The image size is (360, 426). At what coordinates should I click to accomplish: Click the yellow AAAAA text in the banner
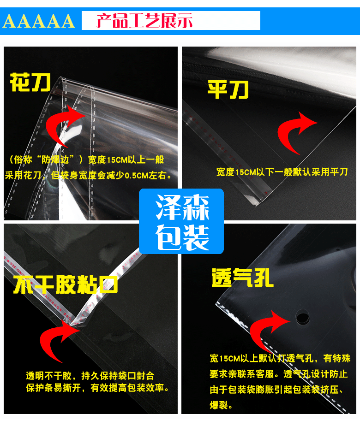pos(39,21)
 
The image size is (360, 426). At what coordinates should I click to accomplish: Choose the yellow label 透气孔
pos(242,278)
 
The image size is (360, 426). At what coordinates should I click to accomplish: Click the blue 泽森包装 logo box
pos(181,221)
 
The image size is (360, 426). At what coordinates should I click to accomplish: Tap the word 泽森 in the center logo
pos(182,207)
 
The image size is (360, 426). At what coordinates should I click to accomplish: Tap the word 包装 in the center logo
pos(182,237)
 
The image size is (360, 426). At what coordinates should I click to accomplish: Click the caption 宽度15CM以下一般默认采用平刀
pos(282,172)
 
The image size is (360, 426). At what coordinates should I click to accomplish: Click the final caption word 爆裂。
pos(222,406)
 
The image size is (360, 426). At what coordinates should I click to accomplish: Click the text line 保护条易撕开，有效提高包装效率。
pos(97,388)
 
